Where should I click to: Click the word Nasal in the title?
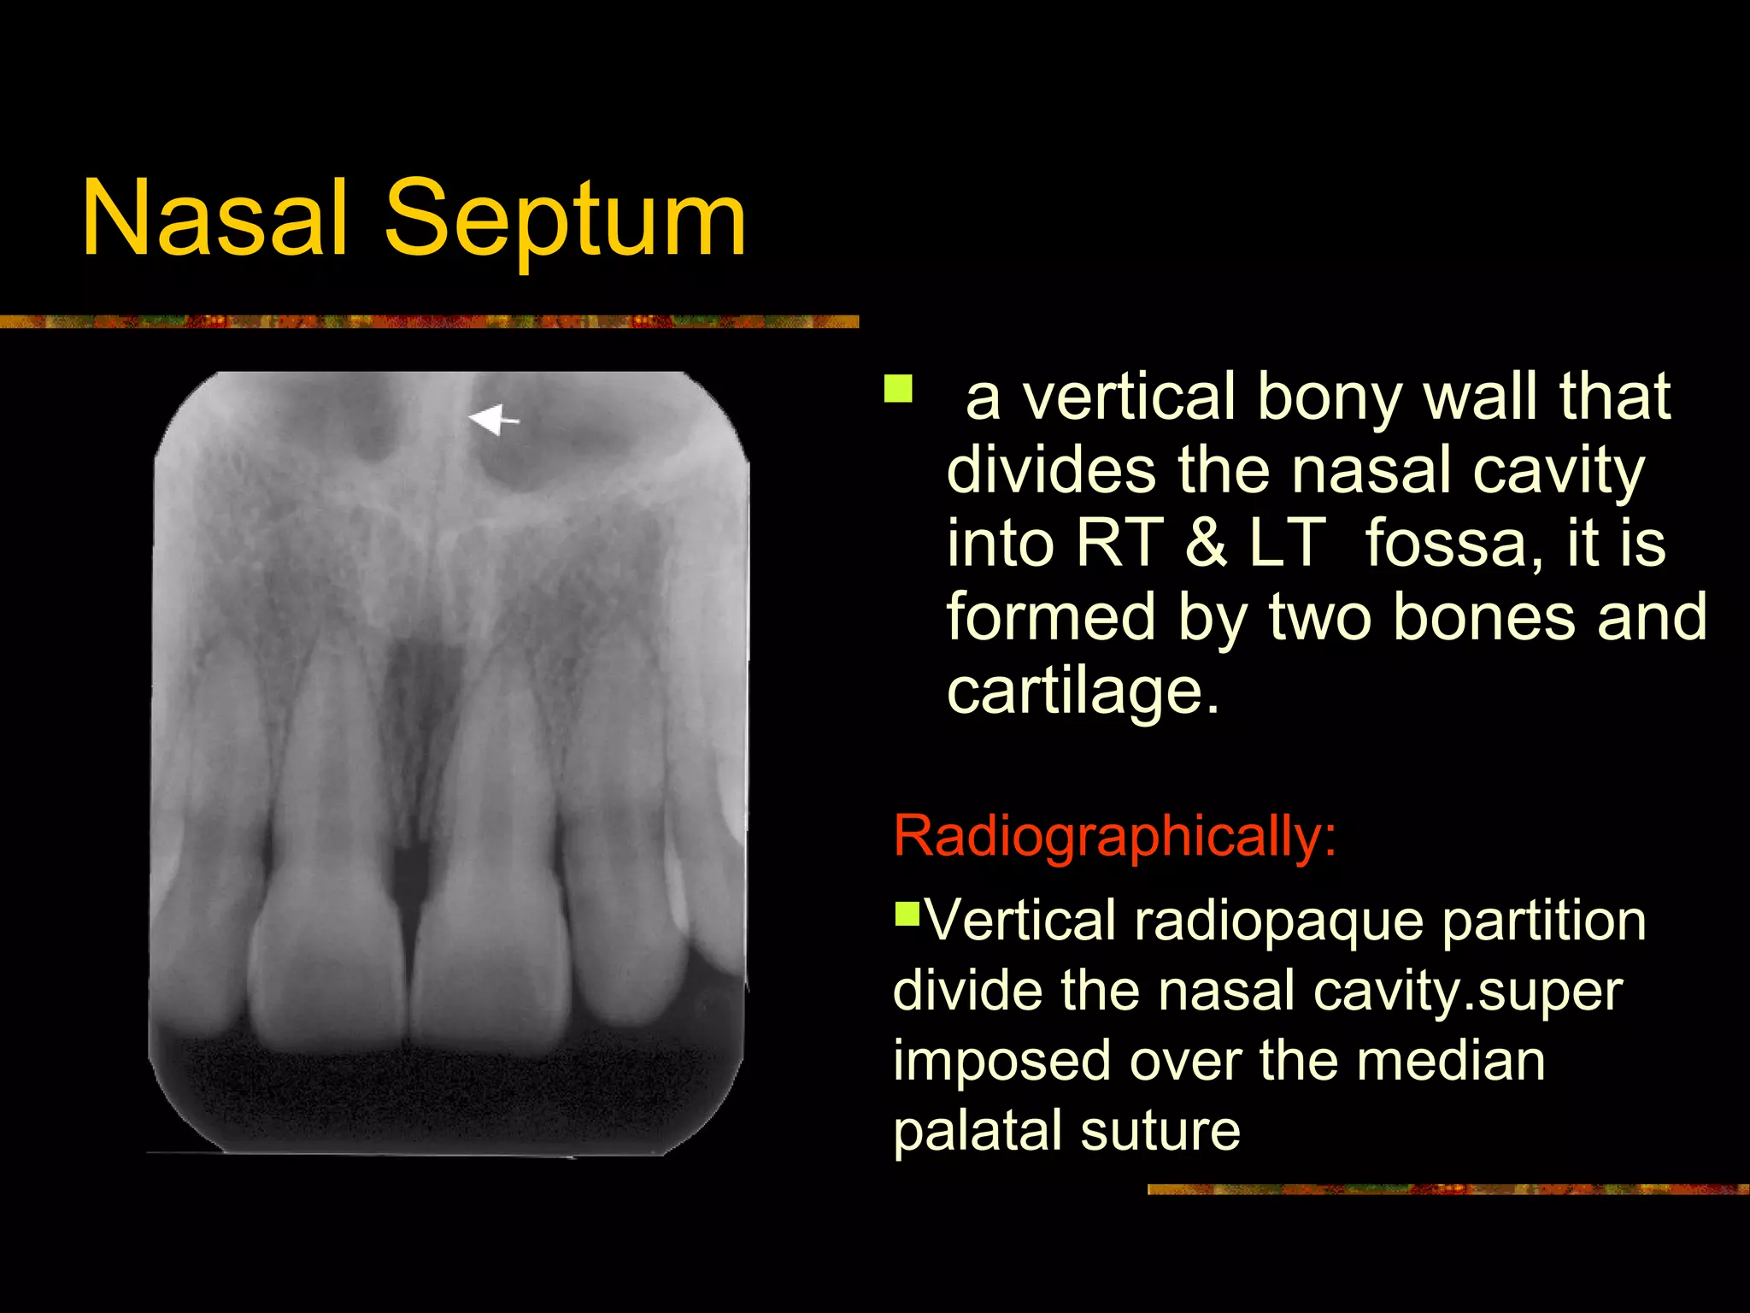(x=214, y=218)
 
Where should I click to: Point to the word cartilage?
(x=1083, y=690)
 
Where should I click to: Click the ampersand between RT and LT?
(x=1205, y=542)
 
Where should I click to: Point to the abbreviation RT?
(x=1119, y=542)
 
